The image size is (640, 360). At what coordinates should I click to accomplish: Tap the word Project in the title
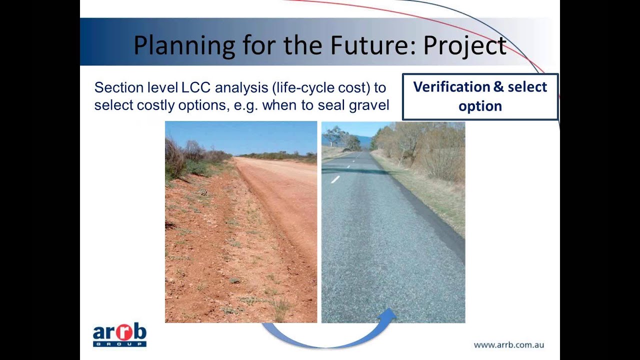pyautogui.click(x=465, y=45)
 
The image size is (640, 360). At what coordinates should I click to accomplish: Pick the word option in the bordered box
pyautogui.click(x=480, y=106)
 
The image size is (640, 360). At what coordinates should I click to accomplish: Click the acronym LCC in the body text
pyautogui.click(x=195, y=88)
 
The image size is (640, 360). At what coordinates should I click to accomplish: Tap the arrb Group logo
pyautogui.click(x=119, y=335)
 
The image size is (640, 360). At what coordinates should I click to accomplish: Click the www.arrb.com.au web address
pyautogui.click(x=508, y=344)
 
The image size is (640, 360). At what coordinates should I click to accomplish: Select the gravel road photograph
pyautogui.click(x=241, y=222)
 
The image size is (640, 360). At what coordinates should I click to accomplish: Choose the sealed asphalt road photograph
pyautogui.click(x=393, y=222)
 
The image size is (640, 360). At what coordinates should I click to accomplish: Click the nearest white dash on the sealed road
pyautogui.click(x=335, y=179)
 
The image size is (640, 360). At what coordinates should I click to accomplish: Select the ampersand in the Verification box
pyautogui.click(x=498, y=87)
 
